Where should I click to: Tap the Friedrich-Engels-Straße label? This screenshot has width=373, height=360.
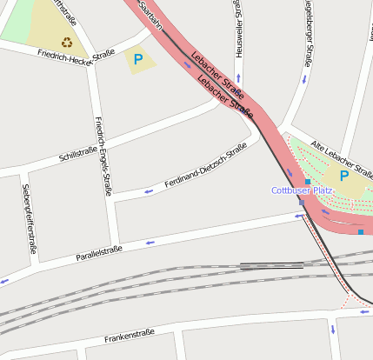(103, 156)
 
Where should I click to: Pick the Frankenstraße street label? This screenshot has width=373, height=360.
(129, 335)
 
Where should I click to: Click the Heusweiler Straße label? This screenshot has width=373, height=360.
(237, 30)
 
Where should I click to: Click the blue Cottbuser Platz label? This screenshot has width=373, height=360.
(302, 190)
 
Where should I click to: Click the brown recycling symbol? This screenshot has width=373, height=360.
(67, 41)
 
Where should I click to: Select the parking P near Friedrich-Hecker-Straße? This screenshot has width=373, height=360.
(137, 60)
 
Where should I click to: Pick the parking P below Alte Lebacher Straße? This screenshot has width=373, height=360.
(344, 176)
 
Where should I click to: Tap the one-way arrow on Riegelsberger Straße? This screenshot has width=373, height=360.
(304, 79)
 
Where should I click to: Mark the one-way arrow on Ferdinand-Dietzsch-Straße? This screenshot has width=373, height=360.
(147, 190)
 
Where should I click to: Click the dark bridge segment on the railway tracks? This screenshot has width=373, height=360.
(271, 265)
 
